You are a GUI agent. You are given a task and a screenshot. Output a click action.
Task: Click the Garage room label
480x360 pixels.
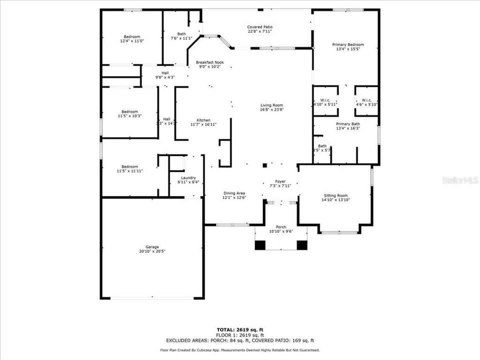(x=152, y=247)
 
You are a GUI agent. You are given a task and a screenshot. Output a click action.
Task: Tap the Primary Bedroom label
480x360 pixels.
(x=348, y=45)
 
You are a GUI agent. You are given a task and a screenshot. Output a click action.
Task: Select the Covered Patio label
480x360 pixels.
(x=260, y=27)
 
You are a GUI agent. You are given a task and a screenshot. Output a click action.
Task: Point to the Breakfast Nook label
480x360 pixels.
(x=209, y=62)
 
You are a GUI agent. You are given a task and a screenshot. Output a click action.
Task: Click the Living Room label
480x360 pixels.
(x=271, y=105)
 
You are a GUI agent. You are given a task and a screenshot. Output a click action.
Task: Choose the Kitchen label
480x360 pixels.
(x=203, y=120)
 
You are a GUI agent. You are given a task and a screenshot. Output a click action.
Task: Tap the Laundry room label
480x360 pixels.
(x=188, y=177)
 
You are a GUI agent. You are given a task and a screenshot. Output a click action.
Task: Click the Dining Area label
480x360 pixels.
(x=233, y=193)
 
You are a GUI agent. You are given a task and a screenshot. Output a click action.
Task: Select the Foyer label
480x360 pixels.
(x=280, y=181)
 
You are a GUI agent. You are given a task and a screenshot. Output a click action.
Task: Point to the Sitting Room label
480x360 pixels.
(x=335, y=195)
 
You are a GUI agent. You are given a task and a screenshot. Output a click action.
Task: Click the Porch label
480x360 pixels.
(x=281, y=227)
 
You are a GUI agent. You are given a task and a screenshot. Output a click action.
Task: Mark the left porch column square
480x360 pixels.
(x=260, y=245)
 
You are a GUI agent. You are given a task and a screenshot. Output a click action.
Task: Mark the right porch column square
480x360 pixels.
(x=302, y=245)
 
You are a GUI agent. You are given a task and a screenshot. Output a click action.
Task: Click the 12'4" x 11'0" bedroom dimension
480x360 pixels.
(x=132, y=41)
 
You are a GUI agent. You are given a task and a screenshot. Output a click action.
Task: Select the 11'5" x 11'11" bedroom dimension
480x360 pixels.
(x=130, y=171)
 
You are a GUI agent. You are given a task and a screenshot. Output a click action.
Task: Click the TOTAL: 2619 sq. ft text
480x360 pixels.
(x=240, y=329)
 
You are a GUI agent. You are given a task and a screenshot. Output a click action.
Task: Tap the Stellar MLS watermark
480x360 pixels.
(x=460, y=179)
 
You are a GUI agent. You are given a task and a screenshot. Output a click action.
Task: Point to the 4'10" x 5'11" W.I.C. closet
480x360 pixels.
(x=325, y=101)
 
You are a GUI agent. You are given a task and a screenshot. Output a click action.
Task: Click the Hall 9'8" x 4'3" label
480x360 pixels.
(x=164, y=75)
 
